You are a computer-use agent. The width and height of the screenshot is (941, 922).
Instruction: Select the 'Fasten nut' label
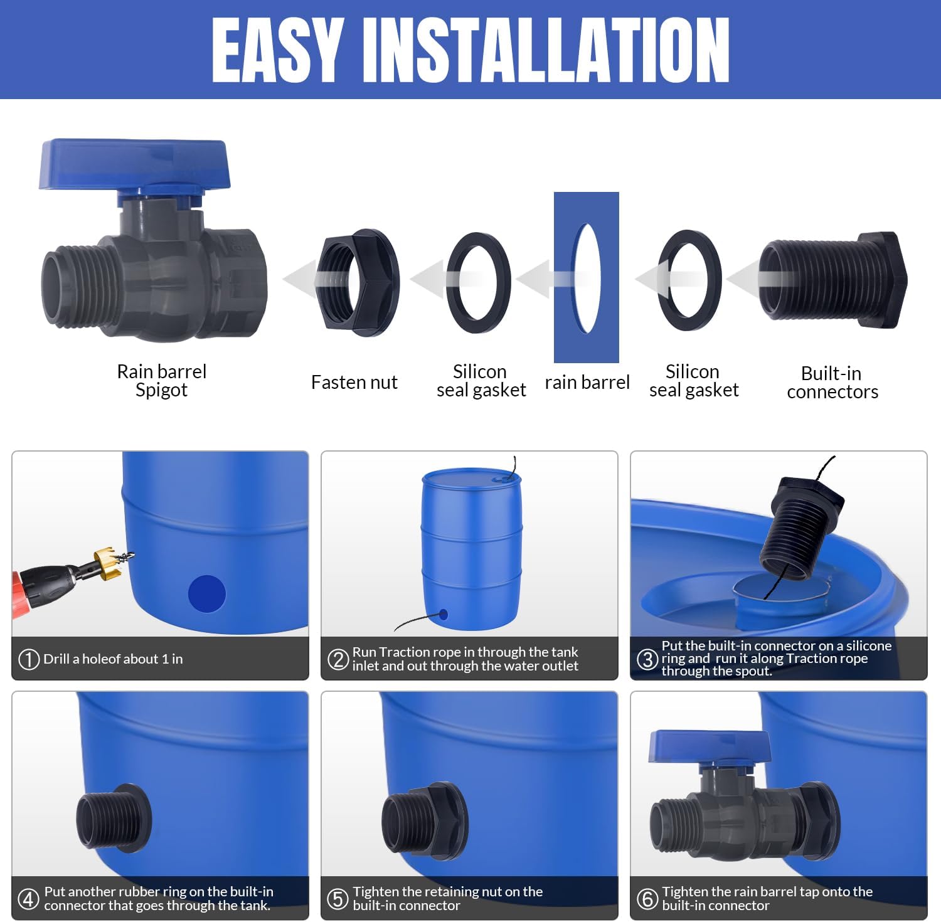tap(354, 382)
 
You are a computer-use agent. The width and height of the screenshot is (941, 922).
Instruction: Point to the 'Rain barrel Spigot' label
tap(161, 380)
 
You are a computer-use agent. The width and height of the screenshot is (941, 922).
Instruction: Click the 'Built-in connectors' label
tap(832, 382)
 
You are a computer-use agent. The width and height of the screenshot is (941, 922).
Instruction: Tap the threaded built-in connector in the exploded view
tap(833, 280)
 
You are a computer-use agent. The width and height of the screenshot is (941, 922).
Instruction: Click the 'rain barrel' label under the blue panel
tap(587, 382)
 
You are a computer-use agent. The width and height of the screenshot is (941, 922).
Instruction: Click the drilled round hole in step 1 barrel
tap(207, 594)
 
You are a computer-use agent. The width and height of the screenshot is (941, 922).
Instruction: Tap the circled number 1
tap(29, 659)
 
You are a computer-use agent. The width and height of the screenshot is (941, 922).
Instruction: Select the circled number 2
tap(338, 659)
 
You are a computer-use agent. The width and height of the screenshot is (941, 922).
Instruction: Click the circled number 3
tap(647, 659)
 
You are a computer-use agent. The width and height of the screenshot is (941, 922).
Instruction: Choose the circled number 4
tap(29, 899)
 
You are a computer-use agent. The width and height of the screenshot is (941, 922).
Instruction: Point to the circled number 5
tap(338, 899)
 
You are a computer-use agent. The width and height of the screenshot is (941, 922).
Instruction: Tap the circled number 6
tap(647, 899)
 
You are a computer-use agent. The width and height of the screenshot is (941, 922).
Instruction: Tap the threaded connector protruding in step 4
tap(114, 818)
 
